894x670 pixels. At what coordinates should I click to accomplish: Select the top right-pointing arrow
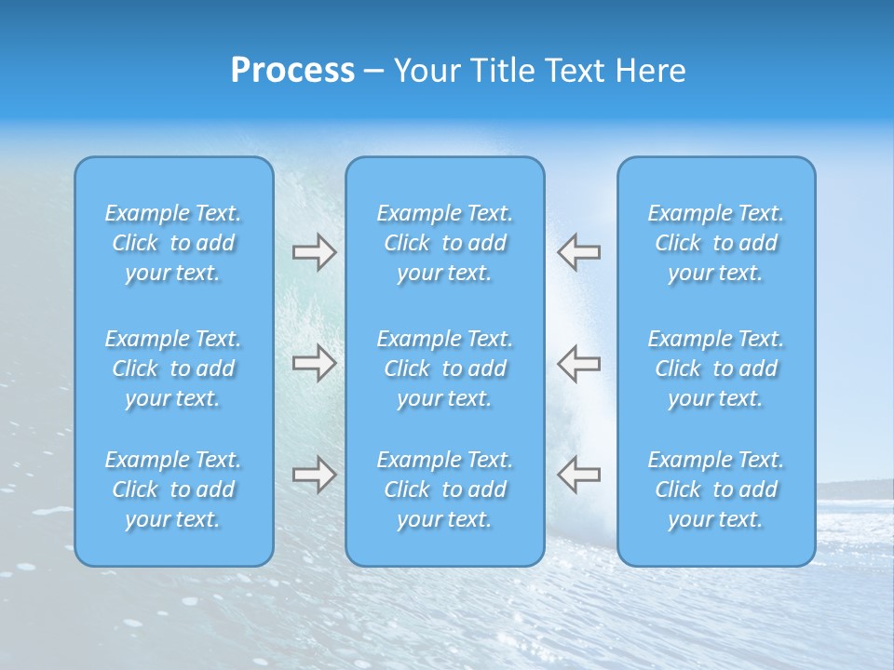coord(314,252)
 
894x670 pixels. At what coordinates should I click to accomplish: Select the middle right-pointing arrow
coord(314,363)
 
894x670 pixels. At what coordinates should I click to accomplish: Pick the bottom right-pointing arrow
coord(314,475)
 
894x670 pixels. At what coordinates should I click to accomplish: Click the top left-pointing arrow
coord(578,252)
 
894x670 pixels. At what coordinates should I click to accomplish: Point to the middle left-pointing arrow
coord(578,363)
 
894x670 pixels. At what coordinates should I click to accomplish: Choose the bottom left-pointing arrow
coord(578,475)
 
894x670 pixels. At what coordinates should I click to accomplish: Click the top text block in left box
coord(173,243)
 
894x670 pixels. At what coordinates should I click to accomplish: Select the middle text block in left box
coord(173,368)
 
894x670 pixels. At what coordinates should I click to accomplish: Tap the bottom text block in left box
coord(173,489)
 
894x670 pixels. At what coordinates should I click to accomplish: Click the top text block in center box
coord(444,243)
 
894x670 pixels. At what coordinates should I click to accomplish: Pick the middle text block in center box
coord(444,368)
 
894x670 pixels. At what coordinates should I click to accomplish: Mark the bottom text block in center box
coord(444,489)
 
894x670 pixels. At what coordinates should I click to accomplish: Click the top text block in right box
coord(716,243)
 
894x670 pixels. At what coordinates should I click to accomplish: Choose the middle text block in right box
coord(716,368)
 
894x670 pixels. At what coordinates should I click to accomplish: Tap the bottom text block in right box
coord(716,489)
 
